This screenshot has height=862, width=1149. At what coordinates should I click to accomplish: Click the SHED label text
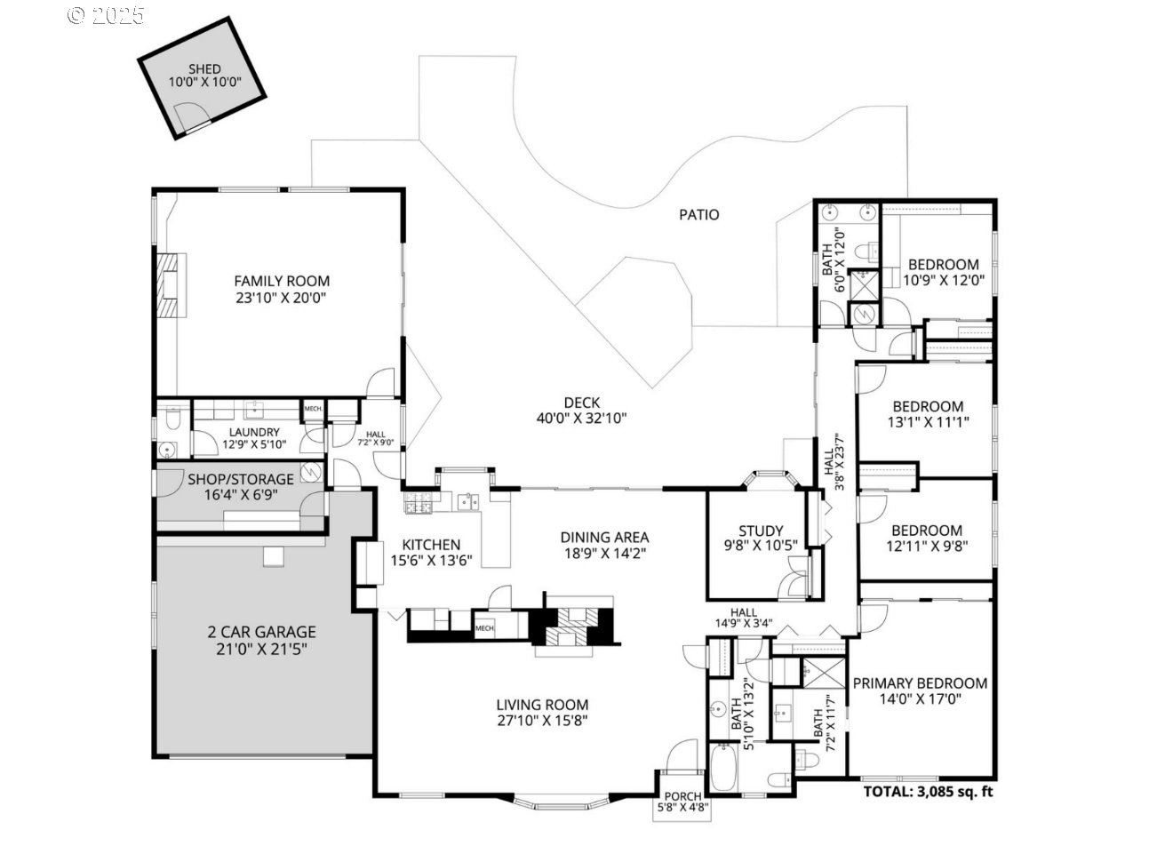(x=204, y=69)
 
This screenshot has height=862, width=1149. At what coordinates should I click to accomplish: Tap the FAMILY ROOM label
(x=282, y=281)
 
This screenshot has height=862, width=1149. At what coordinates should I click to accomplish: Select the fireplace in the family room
(x=170, y=285)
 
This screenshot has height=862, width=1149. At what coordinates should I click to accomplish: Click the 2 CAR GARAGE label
(x=261, y=633)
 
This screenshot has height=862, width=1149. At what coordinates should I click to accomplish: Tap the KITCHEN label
(x=431, y=545)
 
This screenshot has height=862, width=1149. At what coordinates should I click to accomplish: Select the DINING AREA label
(x=604, y=537)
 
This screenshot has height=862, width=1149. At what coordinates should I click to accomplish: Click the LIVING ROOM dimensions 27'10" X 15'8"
(x=542, y=721)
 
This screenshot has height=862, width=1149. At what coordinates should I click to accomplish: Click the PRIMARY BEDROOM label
(x=920, y=683)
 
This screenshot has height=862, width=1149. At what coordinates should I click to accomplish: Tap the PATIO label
(x=699, y=214)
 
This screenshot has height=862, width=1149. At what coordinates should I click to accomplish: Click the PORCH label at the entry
(x=682, y=796)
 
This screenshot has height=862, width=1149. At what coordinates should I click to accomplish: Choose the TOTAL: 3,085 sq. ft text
(x=928, y=791)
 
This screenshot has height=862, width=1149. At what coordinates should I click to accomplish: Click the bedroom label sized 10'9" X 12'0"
(x=943, y=264)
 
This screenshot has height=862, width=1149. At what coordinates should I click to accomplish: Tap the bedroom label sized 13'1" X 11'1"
(x=928, y=407)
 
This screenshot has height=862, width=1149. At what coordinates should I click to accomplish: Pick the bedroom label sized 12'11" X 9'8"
(x=927, y=531)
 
